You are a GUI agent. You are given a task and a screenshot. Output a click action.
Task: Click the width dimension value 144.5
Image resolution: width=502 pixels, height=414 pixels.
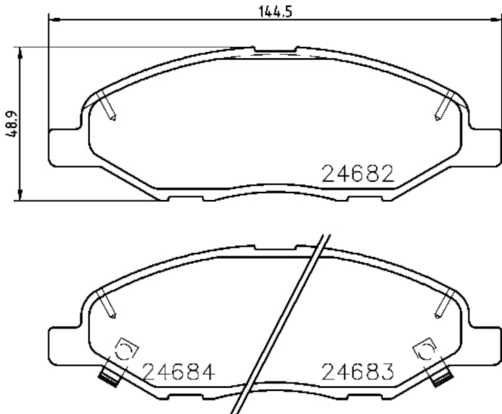tap(274, 11)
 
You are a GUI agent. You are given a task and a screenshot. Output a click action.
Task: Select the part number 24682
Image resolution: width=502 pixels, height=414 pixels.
tap(357, 174)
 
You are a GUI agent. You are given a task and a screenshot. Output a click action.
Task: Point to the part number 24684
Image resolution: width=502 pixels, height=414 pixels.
tap(179, 372)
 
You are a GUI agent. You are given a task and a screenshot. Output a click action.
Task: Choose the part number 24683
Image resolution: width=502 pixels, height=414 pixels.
tap(357, 372)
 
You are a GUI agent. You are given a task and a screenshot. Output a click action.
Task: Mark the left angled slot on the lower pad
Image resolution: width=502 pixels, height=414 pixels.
tap(107, 304)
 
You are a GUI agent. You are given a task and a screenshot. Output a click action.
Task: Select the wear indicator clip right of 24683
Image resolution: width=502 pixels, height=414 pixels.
tap(425, 348)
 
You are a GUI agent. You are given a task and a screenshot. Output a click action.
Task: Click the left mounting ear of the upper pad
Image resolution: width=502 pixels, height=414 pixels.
tap(65, 147)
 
